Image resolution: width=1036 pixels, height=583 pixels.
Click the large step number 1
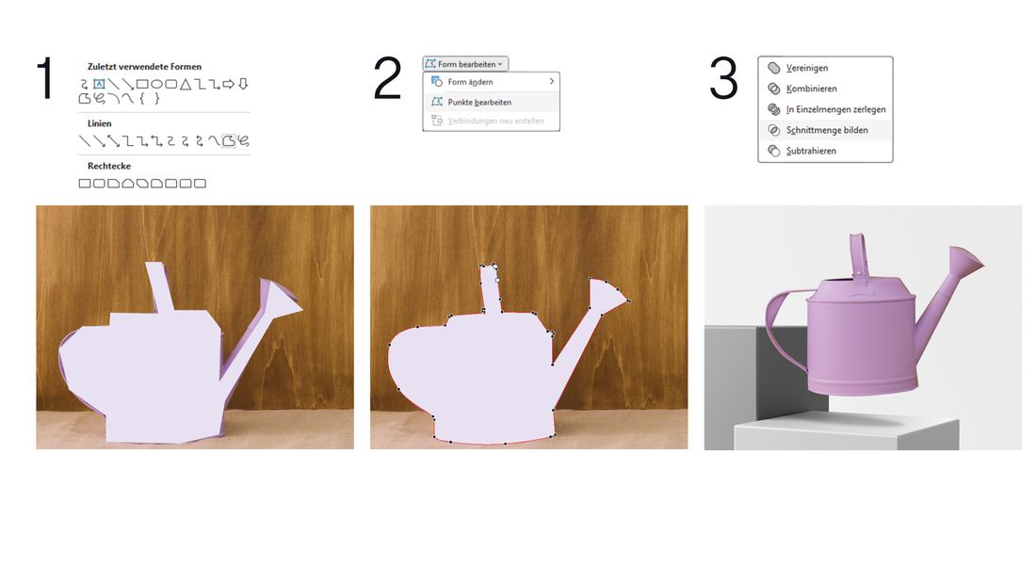pos(45,78)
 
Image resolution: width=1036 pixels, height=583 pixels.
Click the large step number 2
pos(387,78)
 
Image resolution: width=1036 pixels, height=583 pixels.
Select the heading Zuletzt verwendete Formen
pos(144,66)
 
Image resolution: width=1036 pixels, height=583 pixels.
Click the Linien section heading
pos(99,123)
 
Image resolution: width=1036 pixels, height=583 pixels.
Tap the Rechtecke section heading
pos(109,166)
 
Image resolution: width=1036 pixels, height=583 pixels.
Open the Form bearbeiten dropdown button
pos(465,64)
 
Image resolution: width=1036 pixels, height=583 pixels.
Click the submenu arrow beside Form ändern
pos(552,81)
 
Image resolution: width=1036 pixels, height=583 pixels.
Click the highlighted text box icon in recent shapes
pos(99,84)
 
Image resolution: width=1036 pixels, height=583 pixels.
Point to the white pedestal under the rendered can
pos(847,433)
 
